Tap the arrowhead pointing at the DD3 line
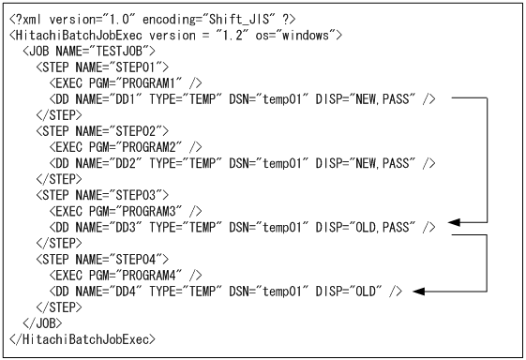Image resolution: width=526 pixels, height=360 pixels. (454, 223)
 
